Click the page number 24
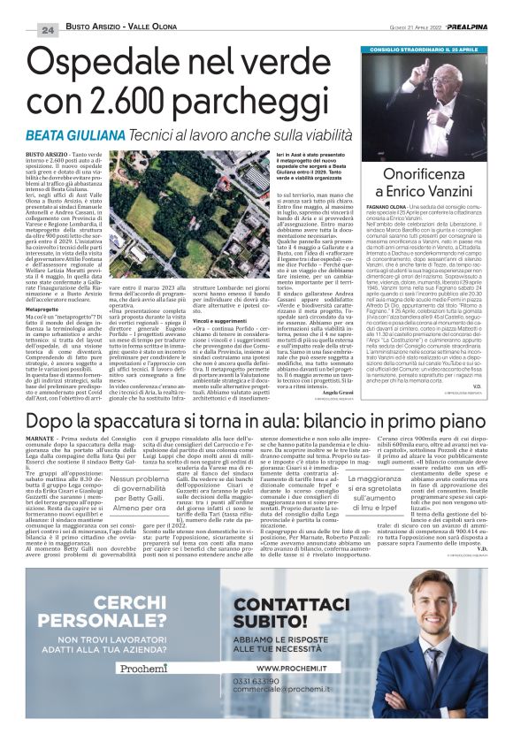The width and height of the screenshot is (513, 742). click(47, 30)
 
